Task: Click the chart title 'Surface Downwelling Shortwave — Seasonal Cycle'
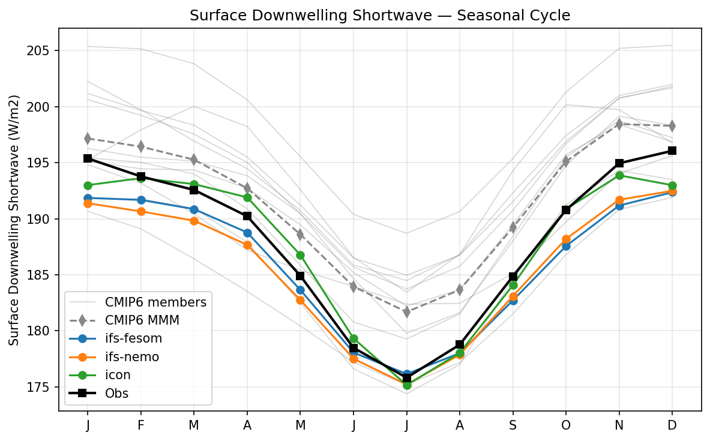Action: (379, 16)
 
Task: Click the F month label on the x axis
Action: (140, 425)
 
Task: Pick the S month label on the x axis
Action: (513, 425)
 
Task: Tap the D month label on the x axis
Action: (672, 425)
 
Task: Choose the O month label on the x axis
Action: (566, 425)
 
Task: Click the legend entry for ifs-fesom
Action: (133, 339)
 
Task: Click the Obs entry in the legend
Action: (116, 394)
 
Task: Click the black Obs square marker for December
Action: (672, 151)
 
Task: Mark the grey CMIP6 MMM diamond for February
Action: (140, 146)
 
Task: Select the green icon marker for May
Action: (300, 255)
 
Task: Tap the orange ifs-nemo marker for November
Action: (619, 200)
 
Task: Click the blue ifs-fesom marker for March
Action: (194, 209)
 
